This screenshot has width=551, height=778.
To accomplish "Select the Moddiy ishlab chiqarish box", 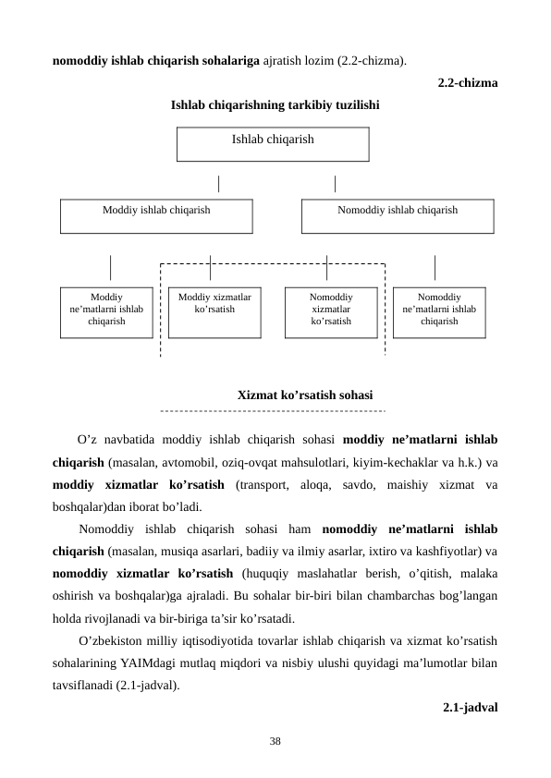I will tap(156, 215).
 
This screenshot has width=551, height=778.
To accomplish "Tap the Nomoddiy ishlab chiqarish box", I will tap(398, 215).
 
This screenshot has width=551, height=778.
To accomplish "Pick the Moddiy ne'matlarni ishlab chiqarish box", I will tap(106, 311).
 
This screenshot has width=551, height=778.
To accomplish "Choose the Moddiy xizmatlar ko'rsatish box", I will tap(214, 311).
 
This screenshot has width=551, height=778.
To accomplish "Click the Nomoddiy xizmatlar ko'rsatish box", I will tap(330, 311).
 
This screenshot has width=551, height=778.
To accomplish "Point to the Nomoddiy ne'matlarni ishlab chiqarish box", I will tap(439, 311).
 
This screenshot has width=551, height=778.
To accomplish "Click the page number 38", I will tap(275, 741).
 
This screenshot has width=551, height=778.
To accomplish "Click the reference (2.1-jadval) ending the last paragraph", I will tap(147, 686).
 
